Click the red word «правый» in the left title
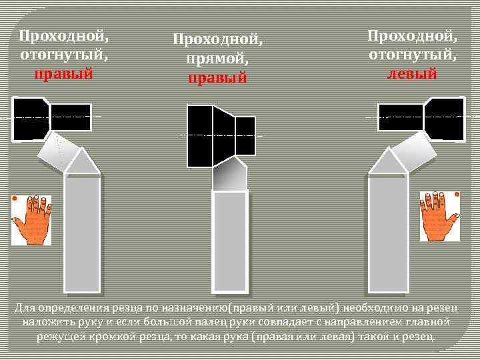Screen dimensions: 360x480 click(x=63, y=73)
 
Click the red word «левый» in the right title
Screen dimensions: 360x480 click(x=412, y=73)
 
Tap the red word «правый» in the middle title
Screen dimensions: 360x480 click(x=218, y=78)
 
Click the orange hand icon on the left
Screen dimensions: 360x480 click(x=31, y=219)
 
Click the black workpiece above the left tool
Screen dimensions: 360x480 click(x=50, y=118)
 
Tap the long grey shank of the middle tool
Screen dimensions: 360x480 click(x=230, y=240)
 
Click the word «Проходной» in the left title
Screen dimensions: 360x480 click(x=63, y=33)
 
